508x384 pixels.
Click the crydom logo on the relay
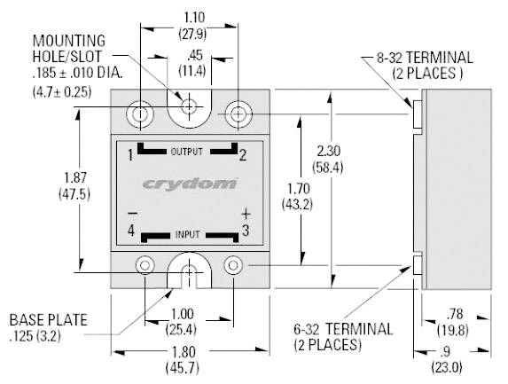coord(190,184)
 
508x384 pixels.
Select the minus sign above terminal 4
coord(131,214)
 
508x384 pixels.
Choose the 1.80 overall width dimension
coord(189,351)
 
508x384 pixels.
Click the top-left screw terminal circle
coord(140,114)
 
